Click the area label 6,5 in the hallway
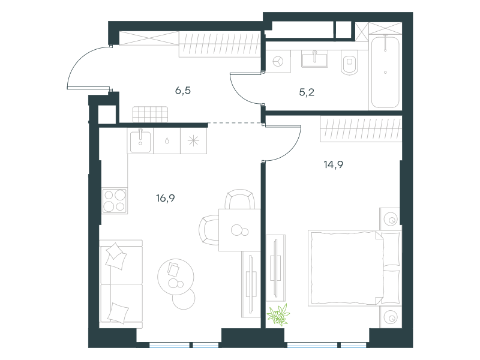point(183,91)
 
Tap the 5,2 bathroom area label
point(307,92)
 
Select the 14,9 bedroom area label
point(334,164)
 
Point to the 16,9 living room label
point(166,199)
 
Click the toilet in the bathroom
point(350,63)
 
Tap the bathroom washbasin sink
point(314,59)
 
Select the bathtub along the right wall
point(385,72)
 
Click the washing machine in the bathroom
point(278,62)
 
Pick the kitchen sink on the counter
point(140,141)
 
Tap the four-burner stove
point(115,200)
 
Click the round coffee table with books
point(176,277)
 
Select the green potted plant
point(278,314)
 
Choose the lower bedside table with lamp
point(391,317)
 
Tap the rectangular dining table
point(239,230)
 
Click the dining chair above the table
point(240,199)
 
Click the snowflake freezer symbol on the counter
point(193,141)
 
